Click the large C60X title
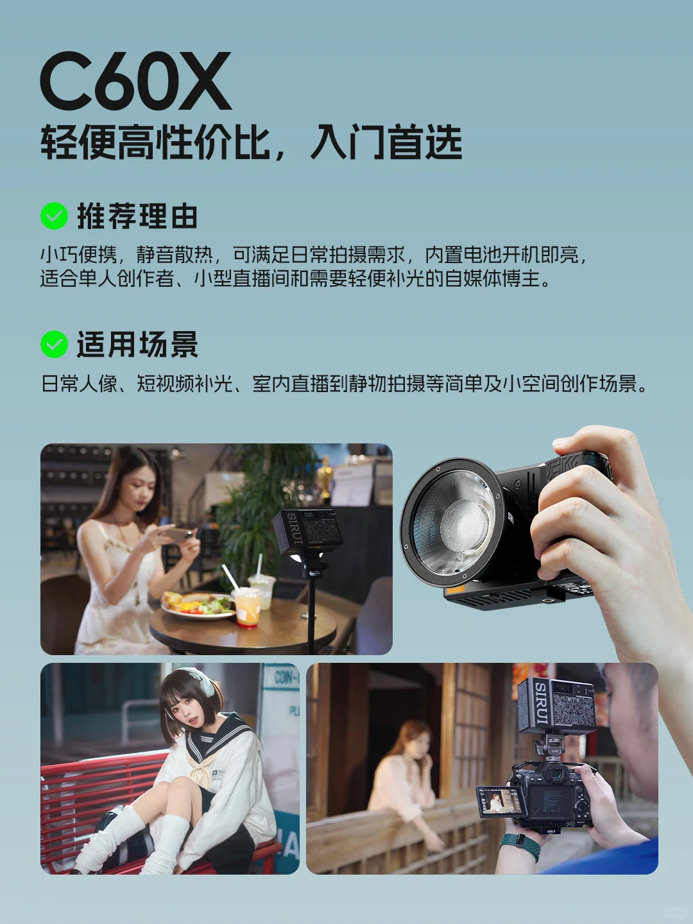coord(135,81)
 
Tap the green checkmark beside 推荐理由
coord(54,216)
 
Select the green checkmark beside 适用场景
coord(54,345)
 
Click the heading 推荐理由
coord(137,216)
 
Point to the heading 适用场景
coord(137,345)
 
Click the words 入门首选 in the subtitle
coord(386,142)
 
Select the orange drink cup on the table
coord(246,607)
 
